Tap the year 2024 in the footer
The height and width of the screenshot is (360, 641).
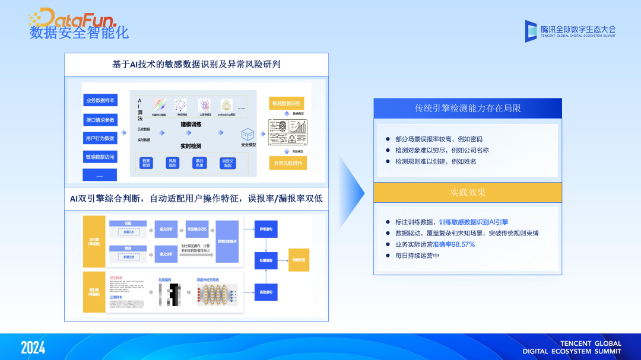33,347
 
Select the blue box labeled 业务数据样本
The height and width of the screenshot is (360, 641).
100,100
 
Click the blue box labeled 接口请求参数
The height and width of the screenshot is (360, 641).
100,120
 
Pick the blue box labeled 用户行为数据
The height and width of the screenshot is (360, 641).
100,138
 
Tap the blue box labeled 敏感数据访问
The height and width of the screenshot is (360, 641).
100,157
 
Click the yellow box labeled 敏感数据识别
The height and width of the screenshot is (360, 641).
287,103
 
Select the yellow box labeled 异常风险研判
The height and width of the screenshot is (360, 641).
287,163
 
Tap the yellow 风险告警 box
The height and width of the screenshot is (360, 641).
298,260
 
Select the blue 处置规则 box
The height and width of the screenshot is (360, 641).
265,260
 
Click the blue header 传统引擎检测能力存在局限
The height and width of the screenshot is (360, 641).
468,109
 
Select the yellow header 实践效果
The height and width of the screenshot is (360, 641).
468,192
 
